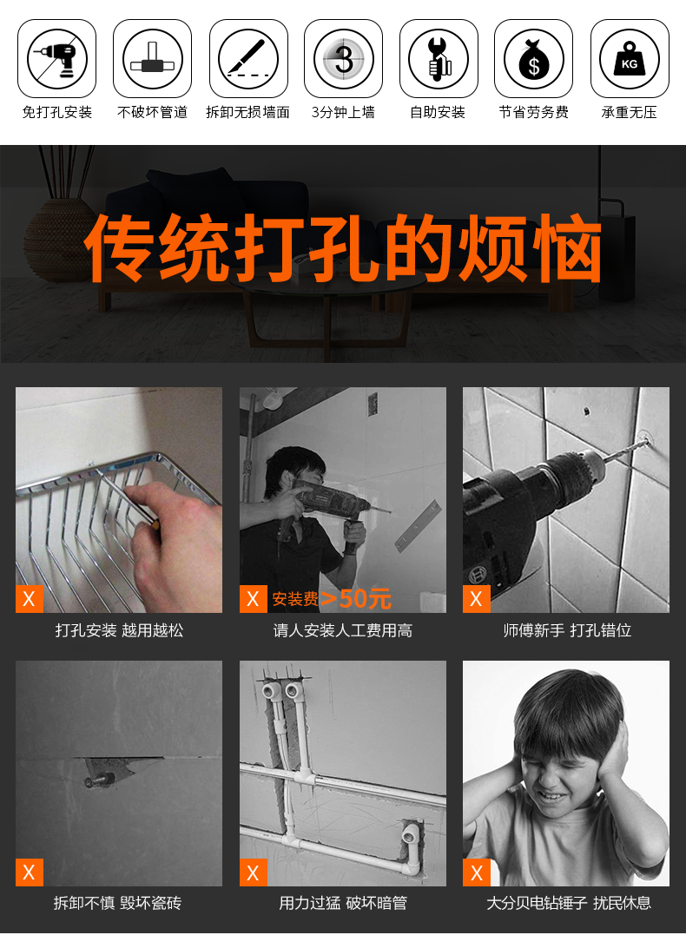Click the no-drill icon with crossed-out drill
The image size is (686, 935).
(x=56, y=58)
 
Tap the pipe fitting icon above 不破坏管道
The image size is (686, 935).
(x=152, y=58)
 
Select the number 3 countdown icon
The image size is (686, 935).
(x=344, y=58)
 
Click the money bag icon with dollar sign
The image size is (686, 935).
(x=533, y=58)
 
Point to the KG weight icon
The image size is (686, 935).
(x=630, y=58)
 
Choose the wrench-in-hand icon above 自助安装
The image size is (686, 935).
(x=439, y=58)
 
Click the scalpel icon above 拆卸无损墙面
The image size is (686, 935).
(x=248, y=58)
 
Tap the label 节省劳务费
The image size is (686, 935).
(x=533, y=112)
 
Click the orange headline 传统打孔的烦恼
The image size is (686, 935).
(x=343, y=247)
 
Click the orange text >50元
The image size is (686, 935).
(x=355, y=598)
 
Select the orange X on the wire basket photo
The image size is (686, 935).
(x=30, y=599)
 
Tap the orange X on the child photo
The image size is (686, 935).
(x=477, y=872)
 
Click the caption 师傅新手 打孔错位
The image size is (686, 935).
(x=567, y=630)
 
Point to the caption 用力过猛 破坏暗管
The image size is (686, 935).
(x=343, y=903)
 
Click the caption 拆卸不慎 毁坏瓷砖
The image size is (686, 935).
(x=117, y=903)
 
